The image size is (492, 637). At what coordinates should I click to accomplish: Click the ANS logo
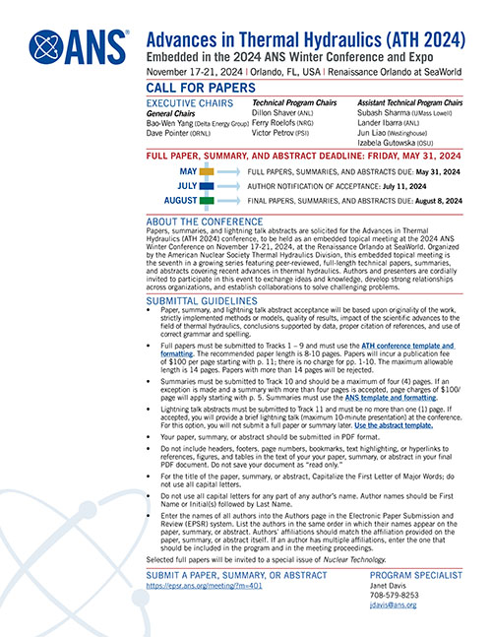pos(79,46)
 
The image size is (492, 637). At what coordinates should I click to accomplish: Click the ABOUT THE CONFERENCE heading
pos(206,222)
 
